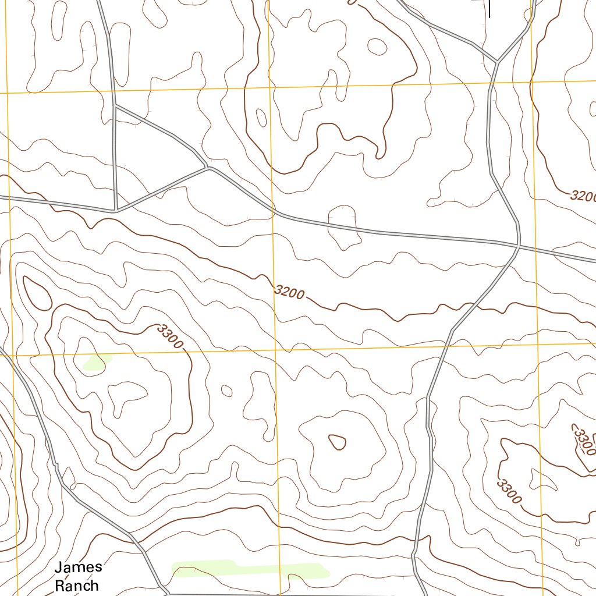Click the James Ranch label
(x=79, y=576)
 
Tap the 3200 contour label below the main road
(x=289, y=292)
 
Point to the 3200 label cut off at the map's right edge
(x=583, y=196)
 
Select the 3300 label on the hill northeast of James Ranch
(x=170, y=337)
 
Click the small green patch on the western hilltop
(x=97, y=362)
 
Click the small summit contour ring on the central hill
(x=337, y=442)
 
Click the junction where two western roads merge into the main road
(x=208, y=168)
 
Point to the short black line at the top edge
(x=489, y=9)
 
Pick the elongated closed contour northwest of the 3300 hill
(x=37, y=293)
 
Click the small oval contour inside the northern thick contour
(x=377, y=47)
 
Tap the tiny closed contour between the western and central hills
(x=227, y=391)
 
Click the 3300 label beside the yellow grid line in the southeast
(x=509, y=491)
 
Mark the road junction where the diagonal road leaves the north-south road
(x=115, y=106)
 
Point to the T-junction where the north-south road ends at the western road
(x=115, y=210)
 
